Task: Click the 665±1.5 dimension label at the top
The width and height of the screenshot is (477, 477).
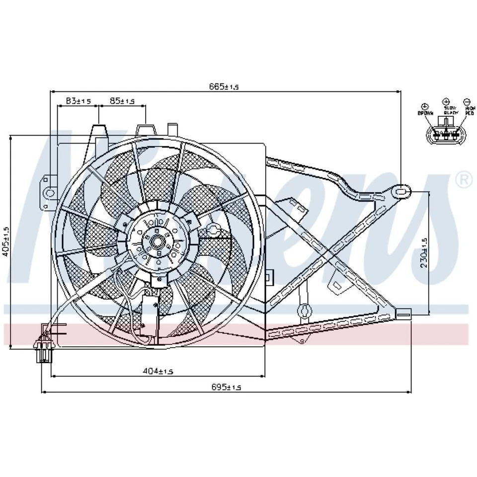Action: coord(224,86)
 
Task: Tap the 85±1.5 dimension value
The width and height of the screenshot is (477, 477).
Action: coord(122,101)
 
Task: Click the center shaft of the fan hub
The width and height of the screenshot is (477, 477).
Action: coord(157,243)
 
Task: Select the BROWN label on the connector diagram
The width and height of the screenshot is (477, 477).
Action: coord(425,114)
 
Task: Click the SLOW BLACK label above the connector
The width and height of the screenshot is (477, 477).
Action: coord(450,111)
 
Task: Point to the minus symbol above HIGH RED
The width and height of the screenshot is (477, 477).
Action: coord(467,101)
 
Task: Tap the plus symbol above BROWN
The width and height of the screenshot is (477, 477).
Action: coord(425,106)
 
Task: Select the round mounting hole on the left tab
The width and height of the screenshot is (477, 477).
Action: coord(50,192)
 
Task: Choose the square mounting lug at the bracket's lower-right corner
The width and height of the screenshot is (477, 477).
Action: coord(404,314)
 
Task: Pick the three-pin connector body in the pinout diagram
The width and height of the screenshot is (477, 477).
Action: coord(446,135)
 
